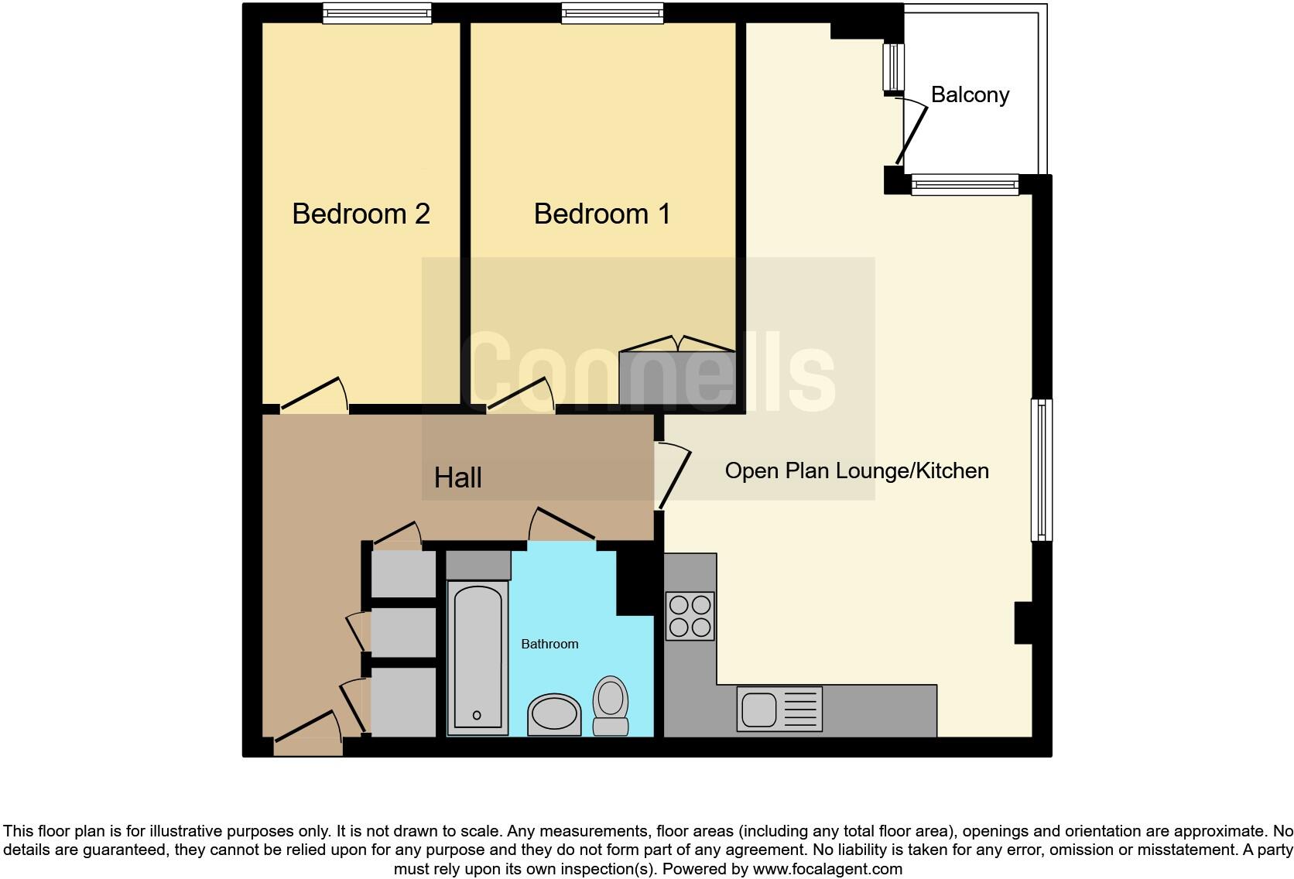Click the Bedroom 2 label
(x=361, y=214)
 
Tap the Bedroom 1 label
(x=602, y=214)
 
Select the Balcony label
(x=970, y=94)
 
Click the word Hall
(x=457, y=477)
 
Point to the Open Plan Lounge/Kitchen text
(x=857, y=470)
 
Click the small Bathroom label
(x=549, y=644)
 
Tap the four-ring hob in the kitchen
(x=690, y=616)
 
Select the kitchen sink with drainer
(x=779, y=709)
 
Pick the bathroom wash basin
(x=554, y=713)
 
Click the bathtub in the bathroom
(x=478, y=658)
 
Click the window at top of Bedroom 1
(x=612, y=13)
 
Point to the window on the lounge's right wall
(x=1042, y=469)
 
